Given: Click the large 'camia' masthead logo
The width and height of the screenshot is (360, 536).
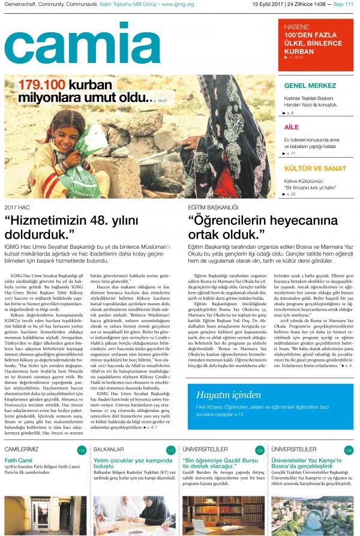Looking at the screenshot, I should click(x=82, y=45).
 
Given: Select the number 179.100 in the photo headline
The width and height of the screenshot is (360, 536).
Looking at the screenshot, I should click(x=41, y=85).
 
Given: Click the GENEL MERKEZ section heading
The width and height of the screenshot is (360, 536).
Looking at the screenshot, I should click(x=310, y=85).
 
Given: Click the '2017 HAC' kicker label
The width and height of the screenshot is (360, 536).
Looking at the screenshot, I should click(x=17, y=207).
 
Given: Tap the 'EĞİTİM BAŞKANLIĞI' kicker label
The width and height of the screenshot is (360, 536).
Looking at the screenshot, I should click(x=212, y=207).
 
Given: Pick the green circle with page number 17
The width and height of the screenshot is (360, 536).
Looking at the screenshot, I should click(x=170, y=450).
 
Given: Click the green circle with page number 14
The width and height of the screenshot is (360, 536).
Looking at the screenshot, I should click(x=82, y=450).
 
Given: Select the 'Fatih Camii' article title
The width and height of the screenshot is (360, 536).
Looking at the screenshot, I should click(x=18, y=460).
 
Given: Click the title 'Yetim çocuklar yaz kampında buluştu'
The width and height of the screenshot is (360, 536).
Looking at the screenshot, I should click(x=133, y=464).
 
